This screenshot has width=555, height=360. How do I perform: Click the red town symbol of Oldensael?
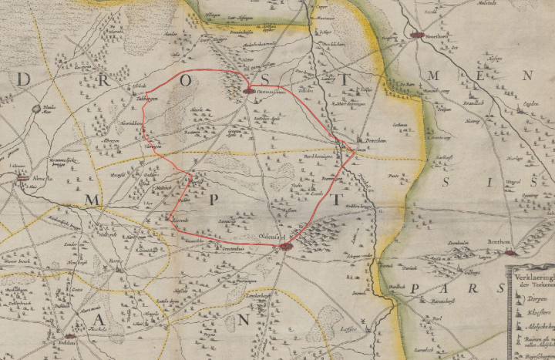pyautogui.click(x=285, y=247)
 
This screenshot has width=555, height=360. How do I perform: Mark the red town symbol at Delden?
pyautogui.click(x=69, y=337)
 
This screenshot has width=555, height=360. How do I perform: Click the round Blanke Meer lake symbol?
pyautogui.click(x=36, y=109)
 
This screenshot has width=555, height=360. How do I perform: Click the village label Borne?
pyautogui.click(x=115, y=261)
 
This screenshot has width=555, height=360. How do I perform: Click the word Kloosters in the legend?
pyautogui.click(x=532, y=315)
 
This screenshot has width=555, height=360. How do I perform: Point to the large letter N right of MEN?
pyautogui.click(x=526, y=76)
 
